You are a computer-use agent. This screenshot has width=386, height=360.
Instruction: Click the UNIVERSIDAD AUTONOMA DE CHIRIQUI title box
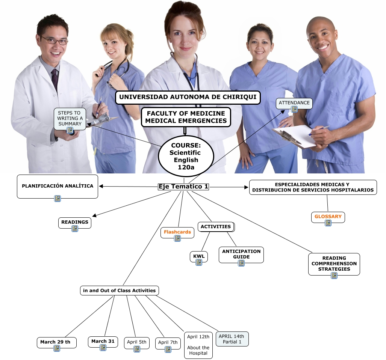188,97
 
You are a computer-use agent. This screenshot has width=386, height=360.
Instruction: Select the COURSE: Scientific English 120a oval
186,156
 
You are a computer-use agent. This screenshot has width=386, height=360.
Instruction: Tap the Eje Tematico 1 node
183,187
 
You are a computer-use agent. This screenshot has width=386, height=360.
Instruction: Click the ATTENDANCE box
294,103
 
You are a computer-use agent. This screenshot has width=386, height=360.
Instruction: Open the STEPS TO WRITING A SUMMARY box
70,118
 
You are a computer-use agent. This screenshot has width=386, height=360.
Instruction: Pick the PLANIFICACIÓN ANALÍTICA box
58,186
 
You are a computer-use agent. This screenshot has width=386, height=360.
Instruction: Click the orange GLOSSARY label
328,217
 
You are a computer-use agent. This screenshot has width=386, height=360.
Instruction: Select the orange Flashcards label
177,232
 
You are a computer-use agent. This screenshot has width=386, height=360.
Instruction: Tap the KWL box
199,256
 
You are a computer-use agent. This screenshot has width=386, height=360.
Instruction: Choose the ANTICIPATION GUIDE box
241,254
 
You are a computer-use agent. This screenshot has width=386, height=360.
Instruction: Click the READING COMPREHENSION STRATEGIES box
334,264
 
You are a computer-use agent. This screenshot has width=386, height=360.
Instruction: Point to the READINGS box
75,222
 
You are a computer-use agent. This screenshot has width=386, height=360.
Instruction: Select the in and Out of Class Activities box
120,291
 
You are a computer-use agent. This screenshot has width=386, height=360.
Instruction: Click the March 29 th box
55,342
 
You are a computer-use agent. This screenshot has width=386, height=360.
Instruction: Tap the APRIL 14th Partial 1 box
232,339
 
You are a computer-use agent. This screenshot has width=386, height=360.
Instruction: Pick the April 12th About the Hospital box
198,345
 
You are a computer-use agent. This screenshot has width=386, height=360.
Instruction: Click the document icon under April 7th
168,349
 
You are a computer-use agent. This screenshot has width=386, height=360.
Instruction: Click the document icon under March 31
103,348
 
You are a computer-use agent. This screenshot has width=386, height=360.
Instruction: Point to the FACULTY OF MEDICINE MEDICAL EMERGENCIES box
186,117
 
